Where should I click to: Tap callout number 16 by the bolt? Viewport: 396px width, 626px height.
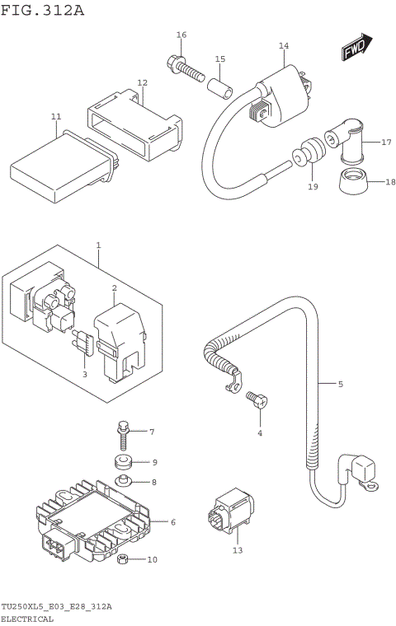click(x=181, y=35)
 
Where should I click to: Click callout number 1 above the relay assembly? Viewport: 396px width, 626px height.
click(x=98, y=245)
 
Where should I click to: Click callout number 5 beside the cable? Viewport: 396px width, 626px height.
click(x=340, y=384)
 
